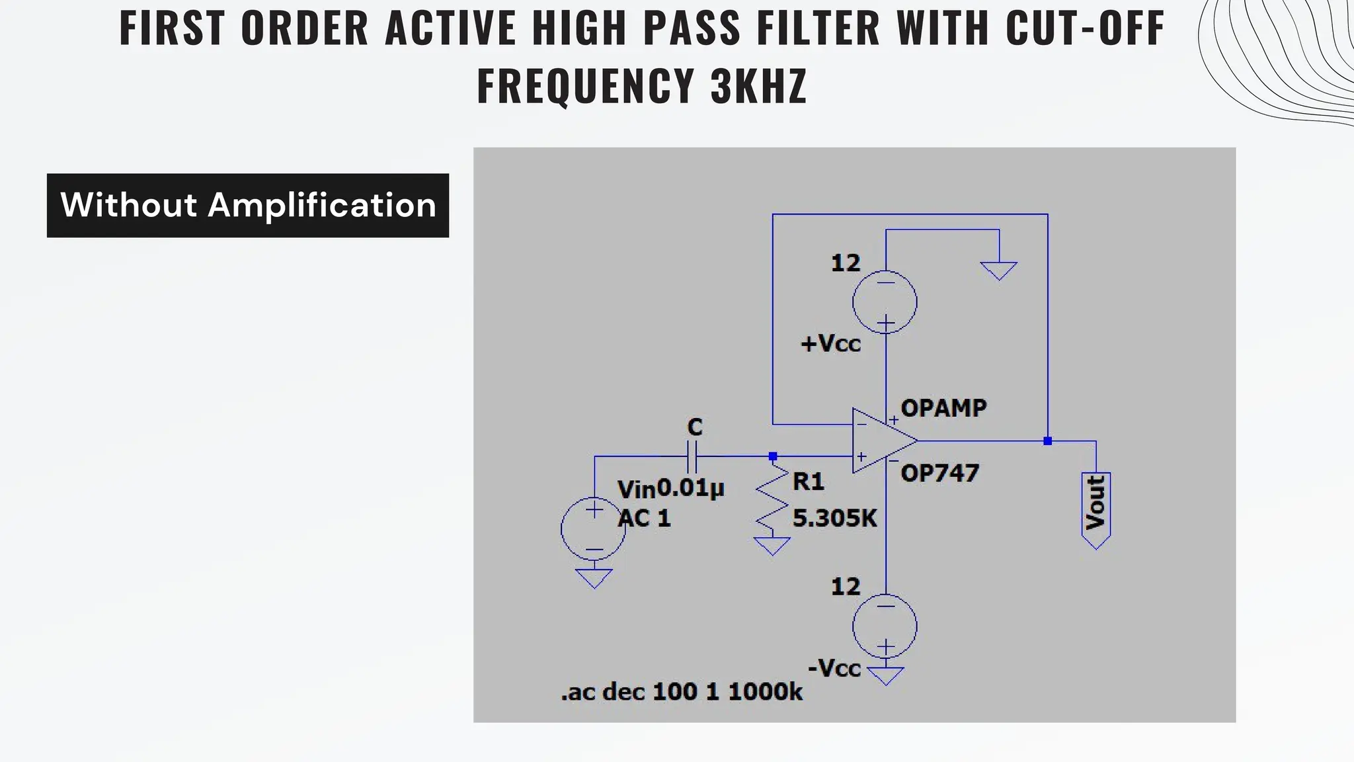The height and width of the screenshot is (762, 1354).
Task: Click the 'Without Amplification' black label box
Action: (247, 205)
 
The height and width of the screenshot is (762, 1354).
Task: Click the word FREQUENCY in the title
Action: (584, 86)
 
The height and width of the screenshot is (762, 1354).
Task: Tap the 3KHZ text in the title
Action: (758, 86)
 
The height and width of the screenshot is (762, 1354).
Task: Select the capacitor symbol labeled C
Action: (692, 456)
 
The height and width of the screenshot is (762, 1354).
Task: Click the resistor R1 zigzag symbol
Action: (772, 499)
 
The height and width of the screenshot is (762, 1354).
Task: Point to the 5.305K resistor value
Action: (834, 518)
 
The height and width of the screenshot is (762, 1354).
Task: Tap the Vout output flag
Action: (1095, 508)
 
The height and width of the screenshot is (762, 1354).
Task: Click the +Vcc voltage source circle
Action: (885, 302)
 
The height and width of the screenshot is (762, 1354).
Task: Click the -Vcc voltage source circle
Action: (885, 626)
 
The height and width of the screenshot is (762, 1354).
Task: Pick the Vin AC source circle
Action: (593, 529)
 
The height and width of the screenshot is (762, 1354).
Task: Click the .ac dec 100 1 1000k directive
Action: (681, 692)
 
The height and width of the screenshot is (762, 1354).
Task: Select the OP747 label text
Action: (939, 474)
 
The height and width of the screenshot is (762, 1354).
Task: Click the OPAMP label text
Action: (943, 408)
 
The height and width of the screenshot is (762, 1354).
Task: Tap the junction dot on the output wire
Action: (1047, 441)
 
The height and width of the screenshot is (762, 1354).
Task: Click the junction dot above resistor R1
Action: (772, 456)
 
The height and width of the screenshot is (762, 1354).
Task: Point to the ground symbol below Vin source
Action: (594, 578)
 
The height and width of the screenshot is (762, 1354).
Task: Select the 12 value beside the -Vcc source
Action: (846, 587)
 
